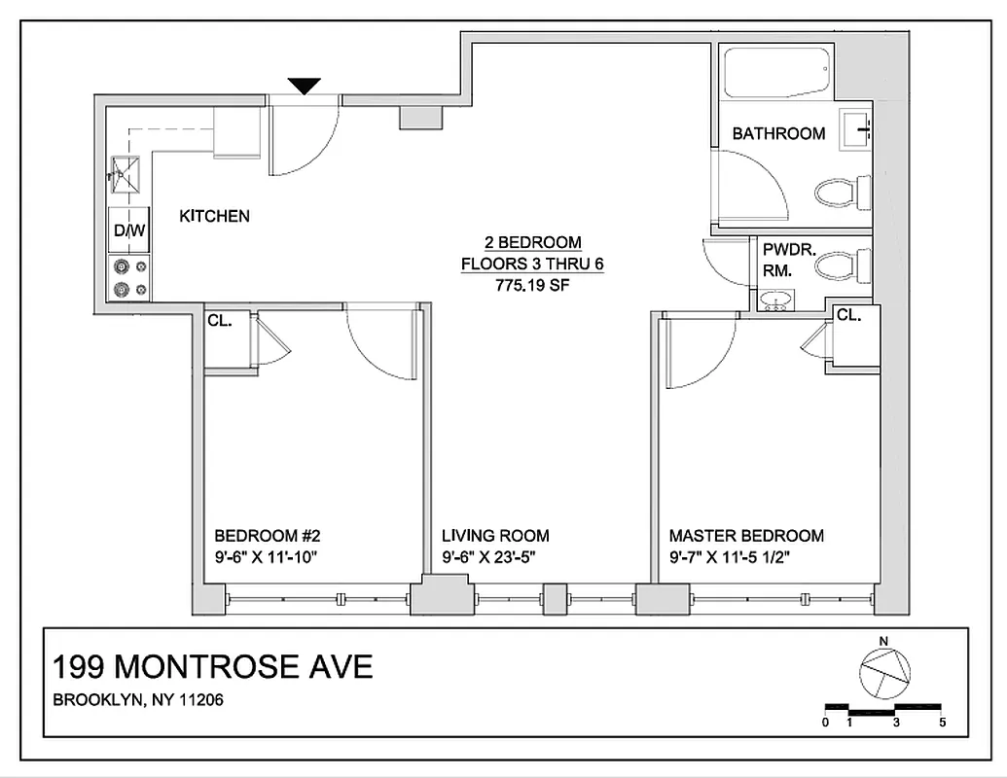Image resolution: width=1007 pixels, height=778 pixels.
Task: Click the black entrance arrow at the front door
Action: [306, 87]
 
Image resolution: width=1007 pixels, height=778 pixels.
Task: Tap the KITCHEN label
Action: [214, 216]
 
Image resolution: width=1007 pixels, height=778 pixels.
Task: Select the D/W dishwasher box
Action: [128, 230]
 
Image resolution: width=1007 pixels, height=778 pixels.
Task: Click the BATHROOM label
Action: [778, 134]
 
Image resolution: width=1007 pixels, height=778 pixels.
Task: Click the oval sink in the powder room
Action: [775, 301]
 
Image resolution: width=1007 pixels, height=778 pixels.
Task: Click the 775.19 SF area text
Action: [533, 286]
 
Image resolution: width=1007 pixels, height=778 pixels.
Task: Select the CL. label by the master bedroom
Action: [849, 315]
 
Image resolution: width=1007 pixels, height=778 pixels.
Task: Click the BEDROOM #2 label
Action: [268, 536]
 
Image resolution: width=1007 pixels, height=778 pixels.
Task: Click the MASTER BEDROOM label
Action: [746, 536]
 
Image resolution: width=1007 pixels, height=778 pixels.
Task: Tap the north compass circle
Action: [882, 671]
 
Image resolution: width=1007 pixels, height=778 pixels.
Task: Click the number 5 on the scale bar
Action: [942, 723]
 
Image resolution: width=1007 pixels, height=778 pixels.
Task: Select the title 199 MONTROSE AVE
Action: [212, 667]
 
